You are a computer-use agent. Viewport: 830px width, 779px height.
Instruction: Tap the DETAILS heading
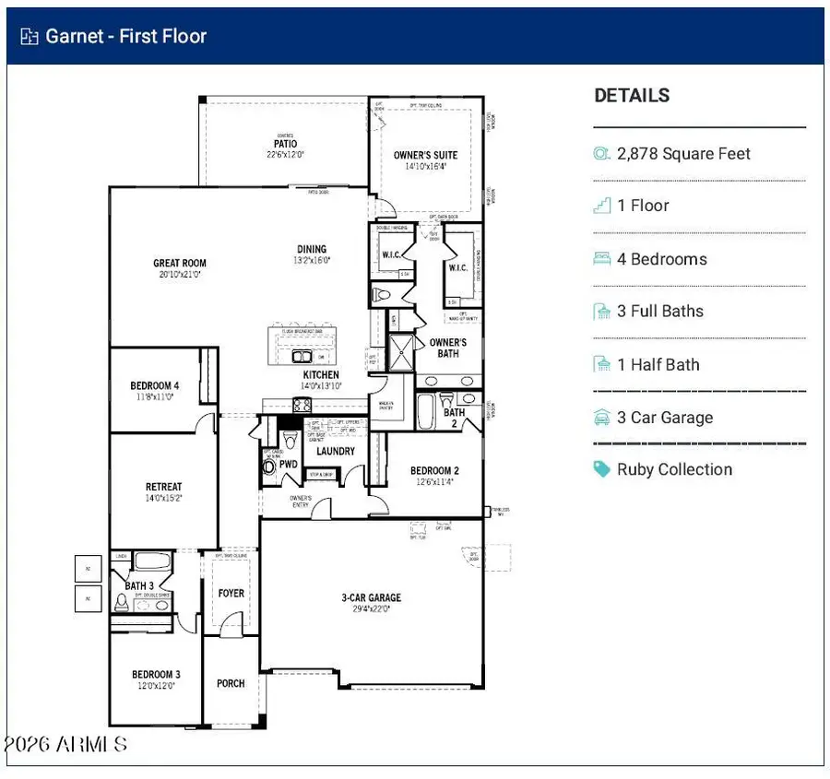click(x=632, y=96)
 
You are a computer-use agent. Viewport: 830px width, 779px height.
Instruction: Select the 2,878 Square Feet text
click(x=683, y=154)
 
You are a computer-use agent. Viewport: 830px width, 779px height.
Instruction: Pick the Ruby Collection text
click(x=674, y=469)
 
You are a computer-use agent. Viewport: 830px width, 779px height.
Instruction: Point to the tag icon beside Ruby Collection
click(x=602, y=469)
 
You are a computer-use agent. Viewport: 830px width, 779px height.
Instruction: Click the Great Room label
click(x=180, y=264)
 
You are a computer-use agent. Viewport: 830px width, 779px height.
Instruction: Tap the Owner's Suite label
click(x=425, y=155)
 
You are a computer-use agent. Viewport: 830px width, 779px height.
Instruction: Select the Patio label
click(x=285, y=144)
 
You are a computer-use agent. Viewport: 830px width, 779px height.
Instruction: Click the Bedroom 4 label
click(x=155, y=385)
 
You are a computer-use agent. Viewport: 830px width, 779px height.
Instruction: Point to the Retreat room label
click(x=163, y=487)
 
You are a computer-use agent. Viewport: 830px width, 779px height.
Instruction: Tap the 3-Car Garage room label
click(x=372, y=597)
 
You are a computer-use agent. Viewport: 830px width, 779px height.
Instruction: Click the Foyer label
click(x=231, y=593)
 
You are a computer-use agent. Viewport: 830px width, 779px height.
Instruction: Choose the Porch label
click(x=231, y=683)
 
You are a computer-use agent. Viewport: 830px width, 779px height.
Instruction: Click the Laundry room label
click(x=335, y=452)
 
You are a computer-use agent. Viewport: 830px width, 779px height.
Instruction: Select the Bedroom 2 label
click(x=434, y=471)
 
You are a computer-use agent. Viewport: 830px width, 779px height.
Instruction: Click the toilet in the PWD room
click(x=269, y=466)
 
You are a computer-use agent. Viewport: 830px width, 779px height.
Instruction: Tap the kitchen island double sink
click(x=302, y=356)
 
